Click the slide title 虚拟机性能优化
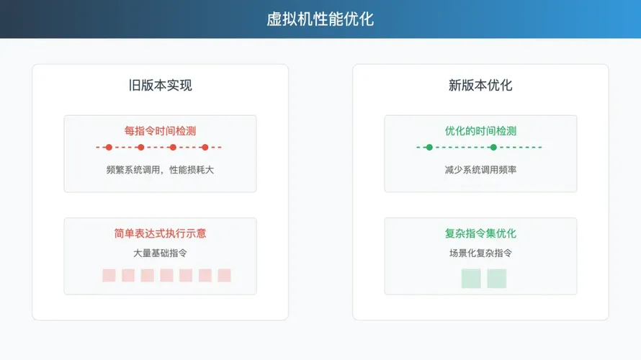pos(320,19)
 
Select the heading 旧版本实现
pos(160,85)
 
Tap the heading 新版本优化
pos(480,85)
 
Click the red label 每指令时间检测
pos(160,131)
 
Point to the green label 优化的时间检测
pos(481,131)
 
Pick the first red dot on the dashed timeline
pos(109,147)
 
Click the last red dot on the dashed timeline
pos(205,147)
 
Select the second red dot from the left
pos(141,147)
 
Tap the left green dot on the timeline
pos(429,147)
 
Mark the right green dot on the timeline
pos(493,147)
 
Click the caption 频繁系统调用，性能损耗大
pos(160,170)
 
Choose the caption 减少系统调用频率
pos(481,170)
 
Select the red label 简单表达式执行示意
pos(160,233)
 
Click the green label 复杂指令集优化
pos(481,233)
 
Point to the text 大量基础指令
pos(160,253)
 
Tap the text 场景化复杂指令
pos(481,253)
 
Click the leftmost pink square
pos(109,276)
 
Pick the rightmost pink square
pos(225,276)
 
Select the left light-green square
pos(471,279)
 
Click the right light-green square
pos(497,279)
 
